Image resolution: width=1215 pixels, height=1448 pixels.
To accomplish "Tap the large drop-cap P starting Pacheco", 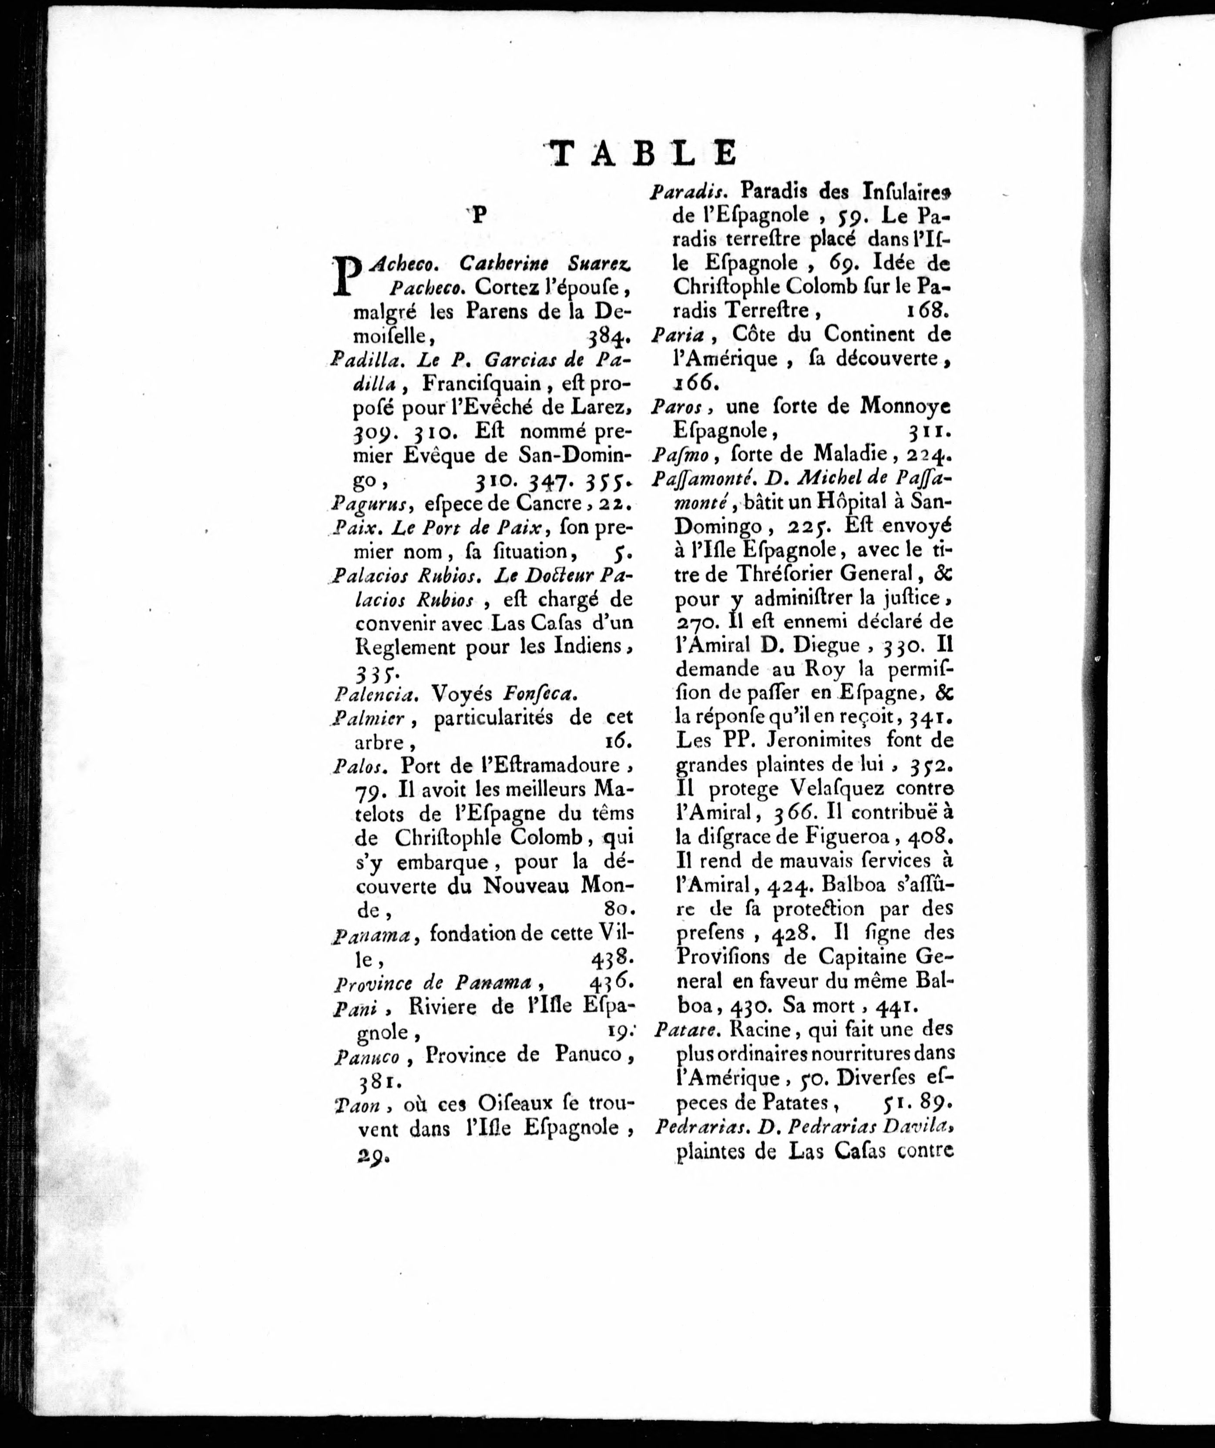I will pyautogui.click(x=347, y=277).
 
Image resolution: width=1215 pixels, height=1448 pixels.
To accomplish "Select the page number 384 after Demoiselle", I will pyautogui.click(x=609, y=338).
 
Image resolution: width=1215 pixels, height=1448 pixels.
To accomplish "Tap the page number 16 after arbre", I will pyautogui.click(x=618, y=743).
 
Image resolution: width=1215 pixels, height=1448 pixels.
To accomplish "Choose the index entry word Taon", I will pyautogui.click(x=356, y=1105).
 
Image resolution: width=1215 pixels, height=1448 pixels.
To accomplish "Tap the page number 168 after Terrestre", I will pyautogui.click(x=927, y=310).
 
